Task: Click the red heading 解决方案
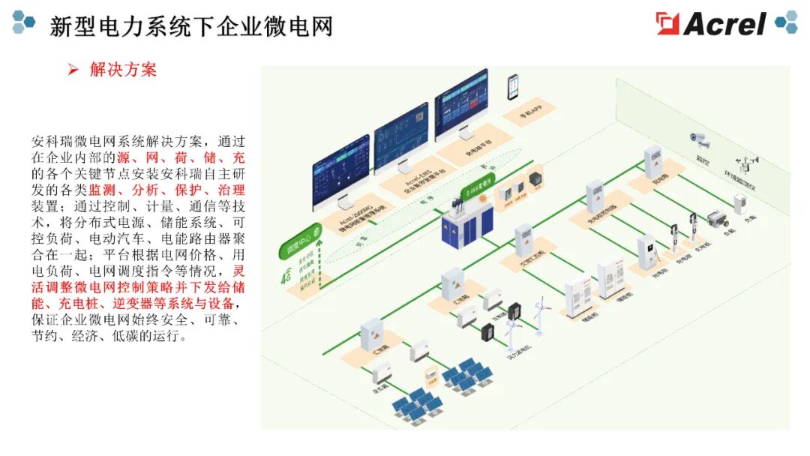(x=123, y=70)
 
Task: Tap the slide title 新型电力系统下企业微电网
(x=191, y=26)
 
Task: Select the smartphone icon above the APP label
(x=514, y=86)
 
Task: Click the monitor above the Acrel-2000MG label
(x=341, y=170)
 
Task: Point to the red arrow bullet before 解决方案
(x=73, y=70)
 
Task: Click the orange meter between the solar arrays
(x=430, y=374)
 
